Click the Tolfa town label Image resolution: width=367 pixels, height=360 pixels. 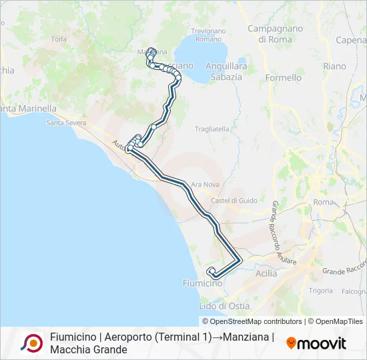[59, 39]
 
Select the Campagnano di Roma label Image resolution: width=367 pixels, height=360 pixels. [275, 34]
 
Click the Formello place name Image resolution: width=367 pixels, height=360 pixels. [284, 77]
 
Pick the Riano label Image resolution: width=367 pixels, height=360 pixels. [334, 66]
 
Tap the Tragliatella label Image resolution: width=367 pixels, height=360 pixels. [212, 129]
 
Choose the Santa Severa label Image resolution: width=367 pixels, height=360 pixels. [66, 123]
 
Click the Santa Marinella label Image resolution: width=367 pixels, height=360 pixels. [29, 109]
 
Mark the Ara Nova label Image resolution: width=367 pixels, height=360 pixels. [205, 184]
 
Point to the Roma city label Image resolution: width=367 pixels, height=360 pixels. [323, 201]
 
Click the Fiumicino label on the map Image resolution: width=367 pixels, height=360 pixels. [202, 283]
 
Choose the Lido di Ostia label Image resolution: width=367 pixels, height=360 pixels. [225, 305]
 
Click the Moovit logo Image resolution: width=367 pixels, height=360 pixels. [316, 343]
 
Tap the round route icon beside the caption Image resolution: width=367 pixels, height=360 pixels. [31, 343]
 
